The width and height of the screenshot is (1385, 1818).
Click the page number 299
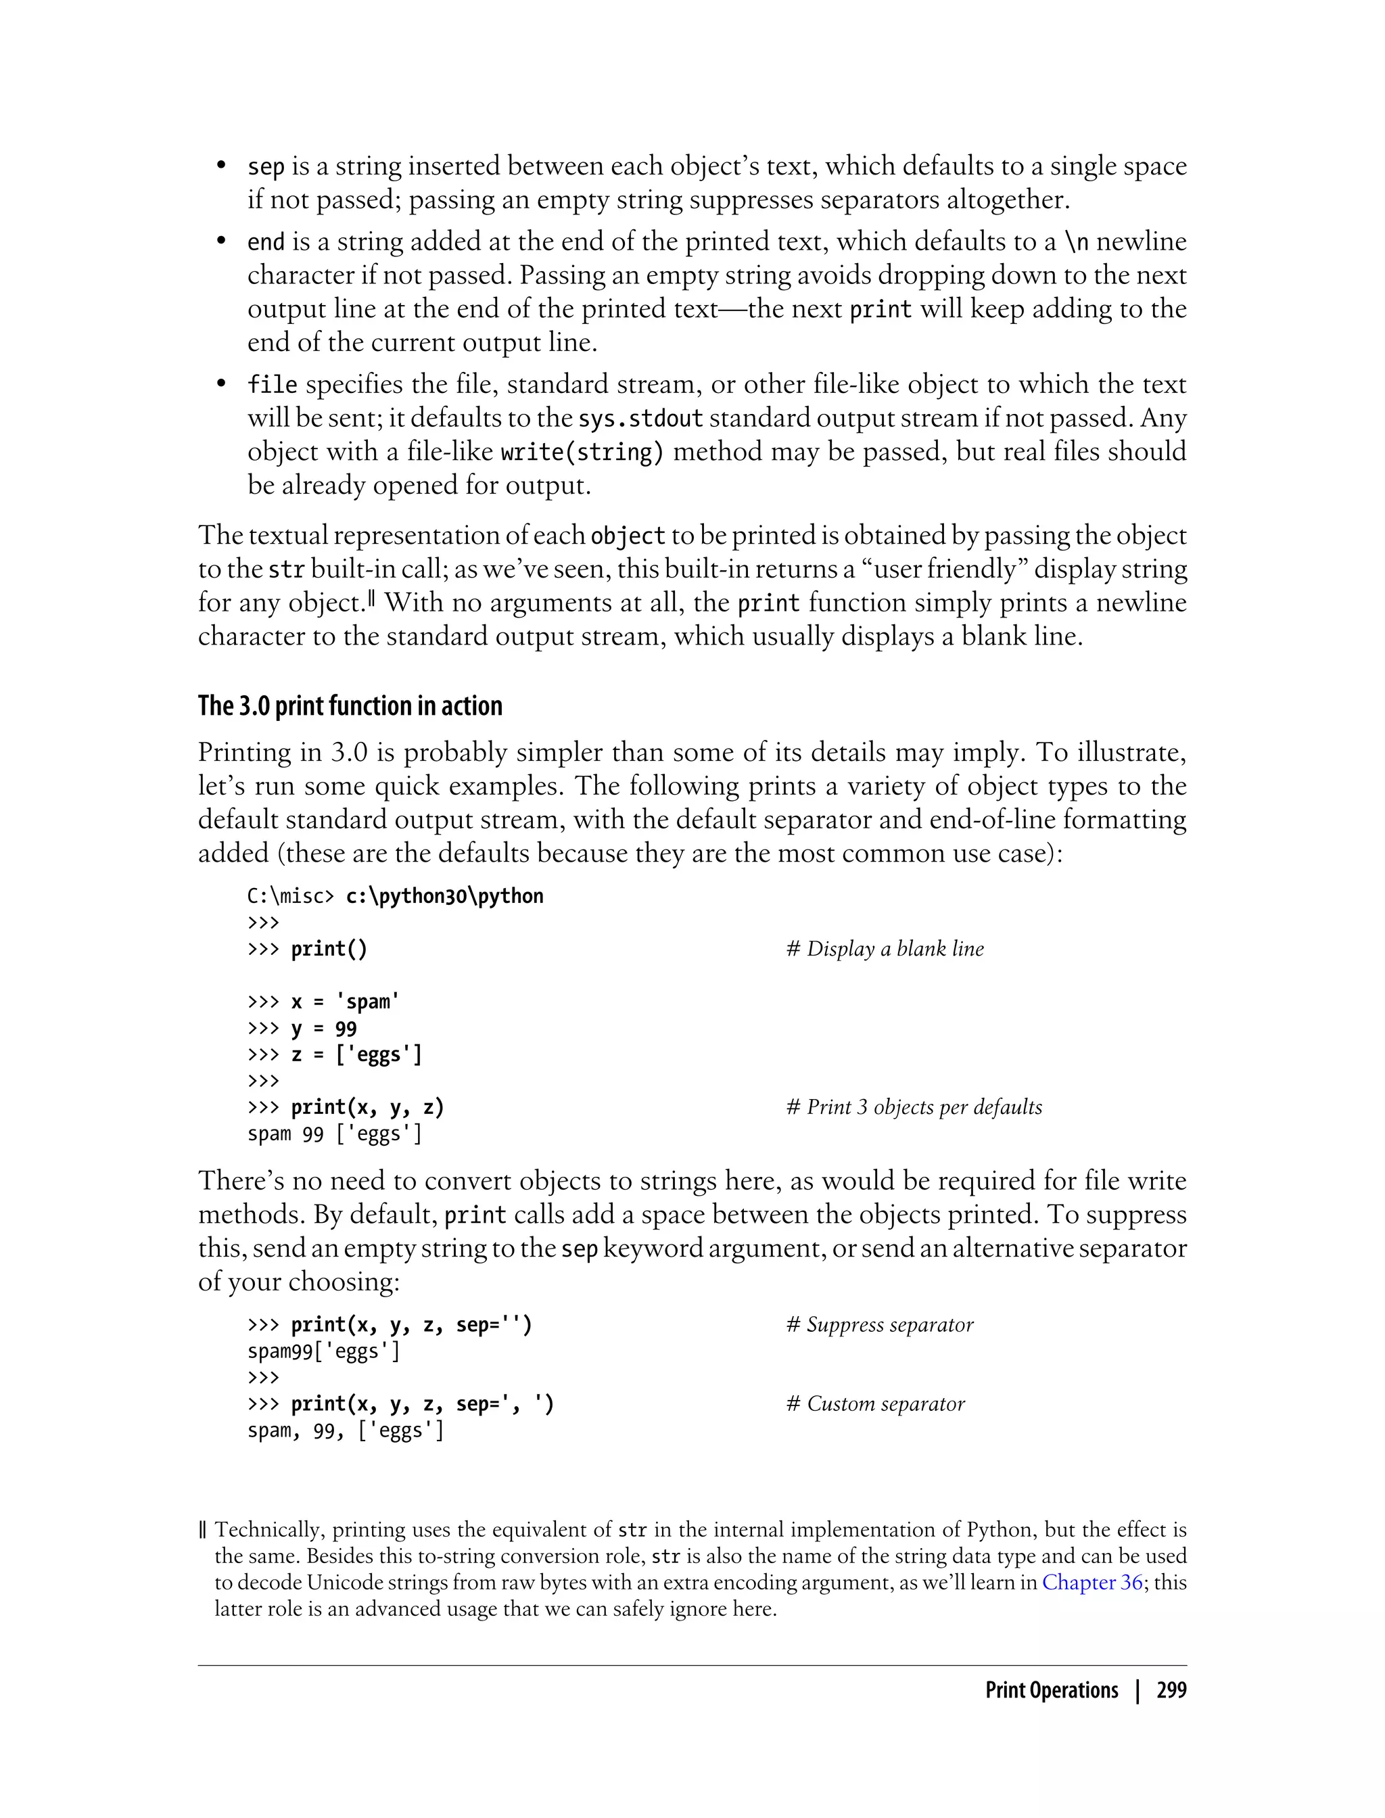coord(1171,1690)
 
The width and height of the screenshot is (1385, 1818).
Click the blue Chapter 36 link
coord(1091,1582)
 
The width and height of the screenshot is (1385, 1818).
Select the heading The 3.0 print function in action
coord(350,707)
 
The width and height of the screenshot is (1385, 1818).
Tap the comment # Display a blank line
coord(885,949)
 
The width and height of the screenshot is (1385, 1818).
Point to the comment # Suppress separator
coord(880,1325)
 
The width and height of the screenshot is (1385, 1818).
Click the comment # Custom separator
coord(876,1404)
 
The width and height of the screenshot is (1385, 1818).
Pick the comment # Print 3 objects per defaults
coord(914,1107)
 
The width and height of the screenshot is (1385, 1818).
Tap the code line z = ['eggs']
coord(356,1055)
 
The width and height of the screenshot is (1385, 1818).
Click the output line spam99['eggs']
coord(323,1351)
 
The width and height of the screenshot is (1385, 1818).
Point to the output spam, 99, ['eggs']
coord(346,1430)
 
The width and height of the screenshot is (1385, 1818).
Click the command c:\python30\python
coord(444,896)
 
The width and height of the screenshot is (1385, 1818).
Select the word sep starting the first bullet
coord(266,167)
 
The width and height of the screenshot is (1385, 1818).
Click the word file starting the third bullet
coord(272,385)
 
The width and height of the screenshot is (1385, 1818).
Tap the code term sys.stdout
coord(640,419)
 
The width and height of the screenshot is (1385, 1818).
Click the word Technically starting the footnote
coord(267,1531)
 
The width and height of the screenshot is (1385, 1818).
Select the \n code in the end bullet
coord(1076,242)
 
